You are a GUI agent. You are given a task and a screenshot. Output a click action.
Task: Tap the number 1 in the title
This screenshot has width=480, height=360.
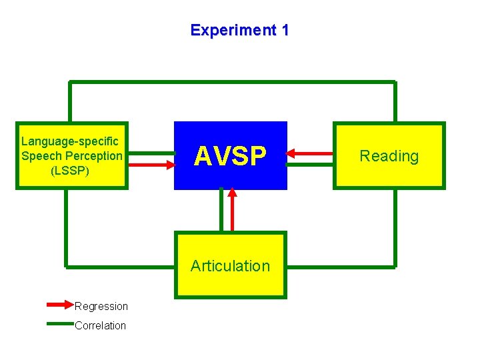click(285, 30)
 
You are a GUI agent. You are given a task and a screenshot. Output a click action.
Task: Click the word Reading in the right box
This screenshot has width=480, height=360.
click(389, 156)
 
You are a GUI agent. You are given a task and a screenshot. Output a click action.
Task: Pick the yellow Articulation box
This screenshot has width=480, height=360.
click(231, 265)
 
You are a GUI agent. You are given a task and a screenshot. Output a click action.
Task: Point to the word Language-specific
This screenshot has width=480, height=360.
click(70, 141)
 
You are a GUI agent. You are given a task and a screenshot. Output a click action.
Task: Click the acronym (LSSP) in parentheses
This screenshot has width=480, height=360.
click(70, 171)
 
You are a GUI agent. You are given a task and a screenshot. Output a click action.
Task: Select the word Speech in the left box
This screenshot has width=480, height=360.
click(41, 156)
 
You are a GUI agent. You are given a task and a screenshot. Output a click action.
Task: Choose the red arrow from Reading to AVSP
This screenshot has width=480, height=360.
click(310, 153)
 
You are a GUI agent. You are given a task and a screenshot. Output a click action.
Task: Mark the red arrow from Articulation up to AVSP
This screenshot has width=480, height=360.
click(232, 209)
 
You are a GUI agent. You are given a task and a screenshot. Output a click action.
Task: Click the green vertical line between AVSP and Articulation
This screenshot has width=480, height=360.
click(220, 211)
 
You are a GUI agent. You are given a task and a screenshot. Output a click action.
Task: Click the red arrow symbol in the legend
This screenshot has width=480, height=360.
click(60, 305)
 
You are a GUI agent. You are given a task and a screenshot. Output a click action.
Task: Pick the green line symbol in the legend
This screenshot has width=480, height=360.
click(60, 325)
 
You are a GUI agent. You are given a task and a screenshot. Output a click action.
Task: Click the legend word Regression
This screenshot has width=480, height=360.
click(101, 307)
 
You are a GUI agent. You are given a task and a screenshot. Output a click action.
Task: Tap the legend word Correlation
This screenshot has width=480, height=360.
click(101, 326)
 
